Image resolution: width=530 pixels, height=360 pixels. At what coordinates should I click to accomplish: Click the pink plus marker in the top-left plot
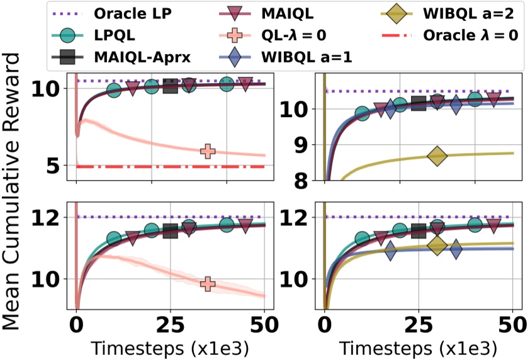click(x=208, y=151)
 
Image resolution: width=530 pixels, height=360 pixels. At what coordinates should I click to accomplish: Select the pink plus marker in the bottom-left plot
click(x=208, y=284)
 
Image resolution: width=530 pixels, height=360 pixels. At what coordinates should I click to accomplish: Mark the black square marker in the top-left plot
click(x=170, y=86)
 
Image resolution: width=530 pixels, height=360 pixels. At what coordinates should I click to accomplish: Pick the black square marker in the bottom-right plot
click(x=419, y=231)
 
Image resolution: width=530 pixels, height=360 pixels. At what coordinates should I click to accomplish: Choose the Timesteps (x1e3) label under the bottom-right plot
click(x=418, y=348)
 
